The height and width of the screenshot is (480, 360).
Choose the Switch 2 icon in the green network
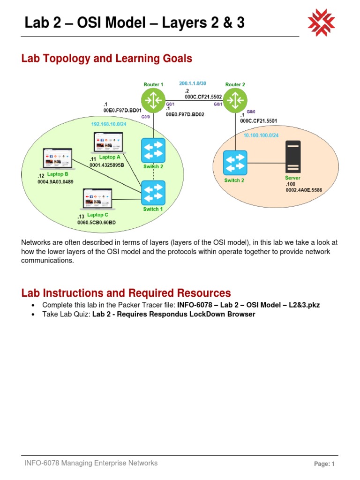pyautogui.click(x=153, y=150)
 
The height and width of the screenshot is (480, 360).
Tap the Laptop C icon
pyautogui.click(x=97, y=199)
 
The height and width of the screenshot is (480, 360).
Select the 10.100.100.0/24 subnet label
pyautogui.click(x=262, y=135)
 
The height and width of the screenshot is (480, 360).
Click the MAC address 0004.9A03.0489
pyautogui.click(x=55, y=182)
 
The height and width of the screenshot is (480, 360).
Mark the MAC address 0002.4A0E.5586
pyautogui.click(x=303, y=190)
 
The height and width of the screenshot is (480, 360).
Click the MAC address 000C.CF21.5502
pyautogui.click(x=203, y=97)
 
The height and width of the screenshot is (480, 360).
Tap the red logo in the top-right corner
pyautogui.click(x=321, y=22)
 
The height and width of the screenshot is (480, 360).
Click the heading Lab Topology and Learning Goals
pyautogui.click(x=107, y=59)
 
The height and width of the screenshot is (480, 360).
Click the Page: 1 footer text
pyautogui.click(x=324, y=464)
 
